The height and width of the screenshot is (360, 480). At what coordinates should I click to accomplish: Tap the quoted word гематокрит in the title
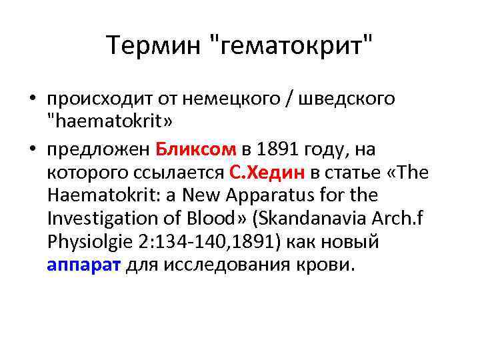pos(292,46)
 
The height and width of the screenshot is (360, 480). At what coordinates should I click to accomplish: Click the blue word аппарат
pos(83,265)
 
